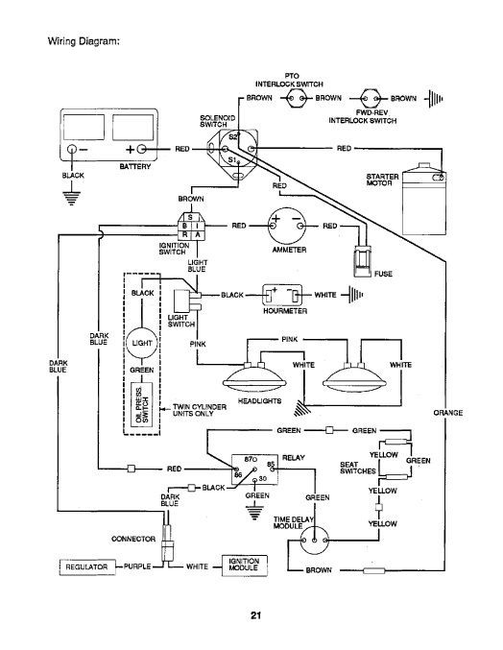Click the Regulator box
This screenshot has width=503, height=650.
(86, 566)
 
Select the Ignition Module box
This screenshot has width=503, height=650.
(245, 566)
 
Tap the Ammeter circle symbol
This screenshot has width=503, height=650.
(287, 226)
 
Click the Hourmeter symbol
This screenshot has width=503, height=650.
(282, 295)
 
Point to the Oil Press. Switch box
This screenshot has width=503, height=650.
(142, 404)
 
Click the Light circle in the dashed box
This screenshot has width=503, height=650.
(142, 343)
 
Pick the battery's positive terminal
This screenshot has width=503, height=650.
(141, 149)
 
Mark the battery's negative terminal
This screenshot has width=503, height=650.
(72, 149)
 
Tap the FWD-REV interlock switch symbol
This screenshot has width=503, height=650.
(370, 99)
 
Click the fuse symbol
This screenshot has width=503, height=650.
(362, 263)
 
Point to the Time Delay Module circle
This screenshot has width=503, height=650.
(315, 541)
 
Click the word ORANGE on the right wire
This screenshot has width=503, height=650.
(448, 413)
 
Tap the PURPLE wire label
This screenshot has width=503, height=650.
(137, 566)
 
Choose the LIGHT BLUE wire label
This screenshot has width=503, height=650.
(197, 266)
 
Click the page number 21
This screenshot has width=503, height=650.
(255, 615)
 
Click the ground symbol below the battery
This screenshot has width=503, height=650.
(72, 198)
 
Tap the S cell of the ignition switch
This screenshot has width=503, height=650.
(190, 217)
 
